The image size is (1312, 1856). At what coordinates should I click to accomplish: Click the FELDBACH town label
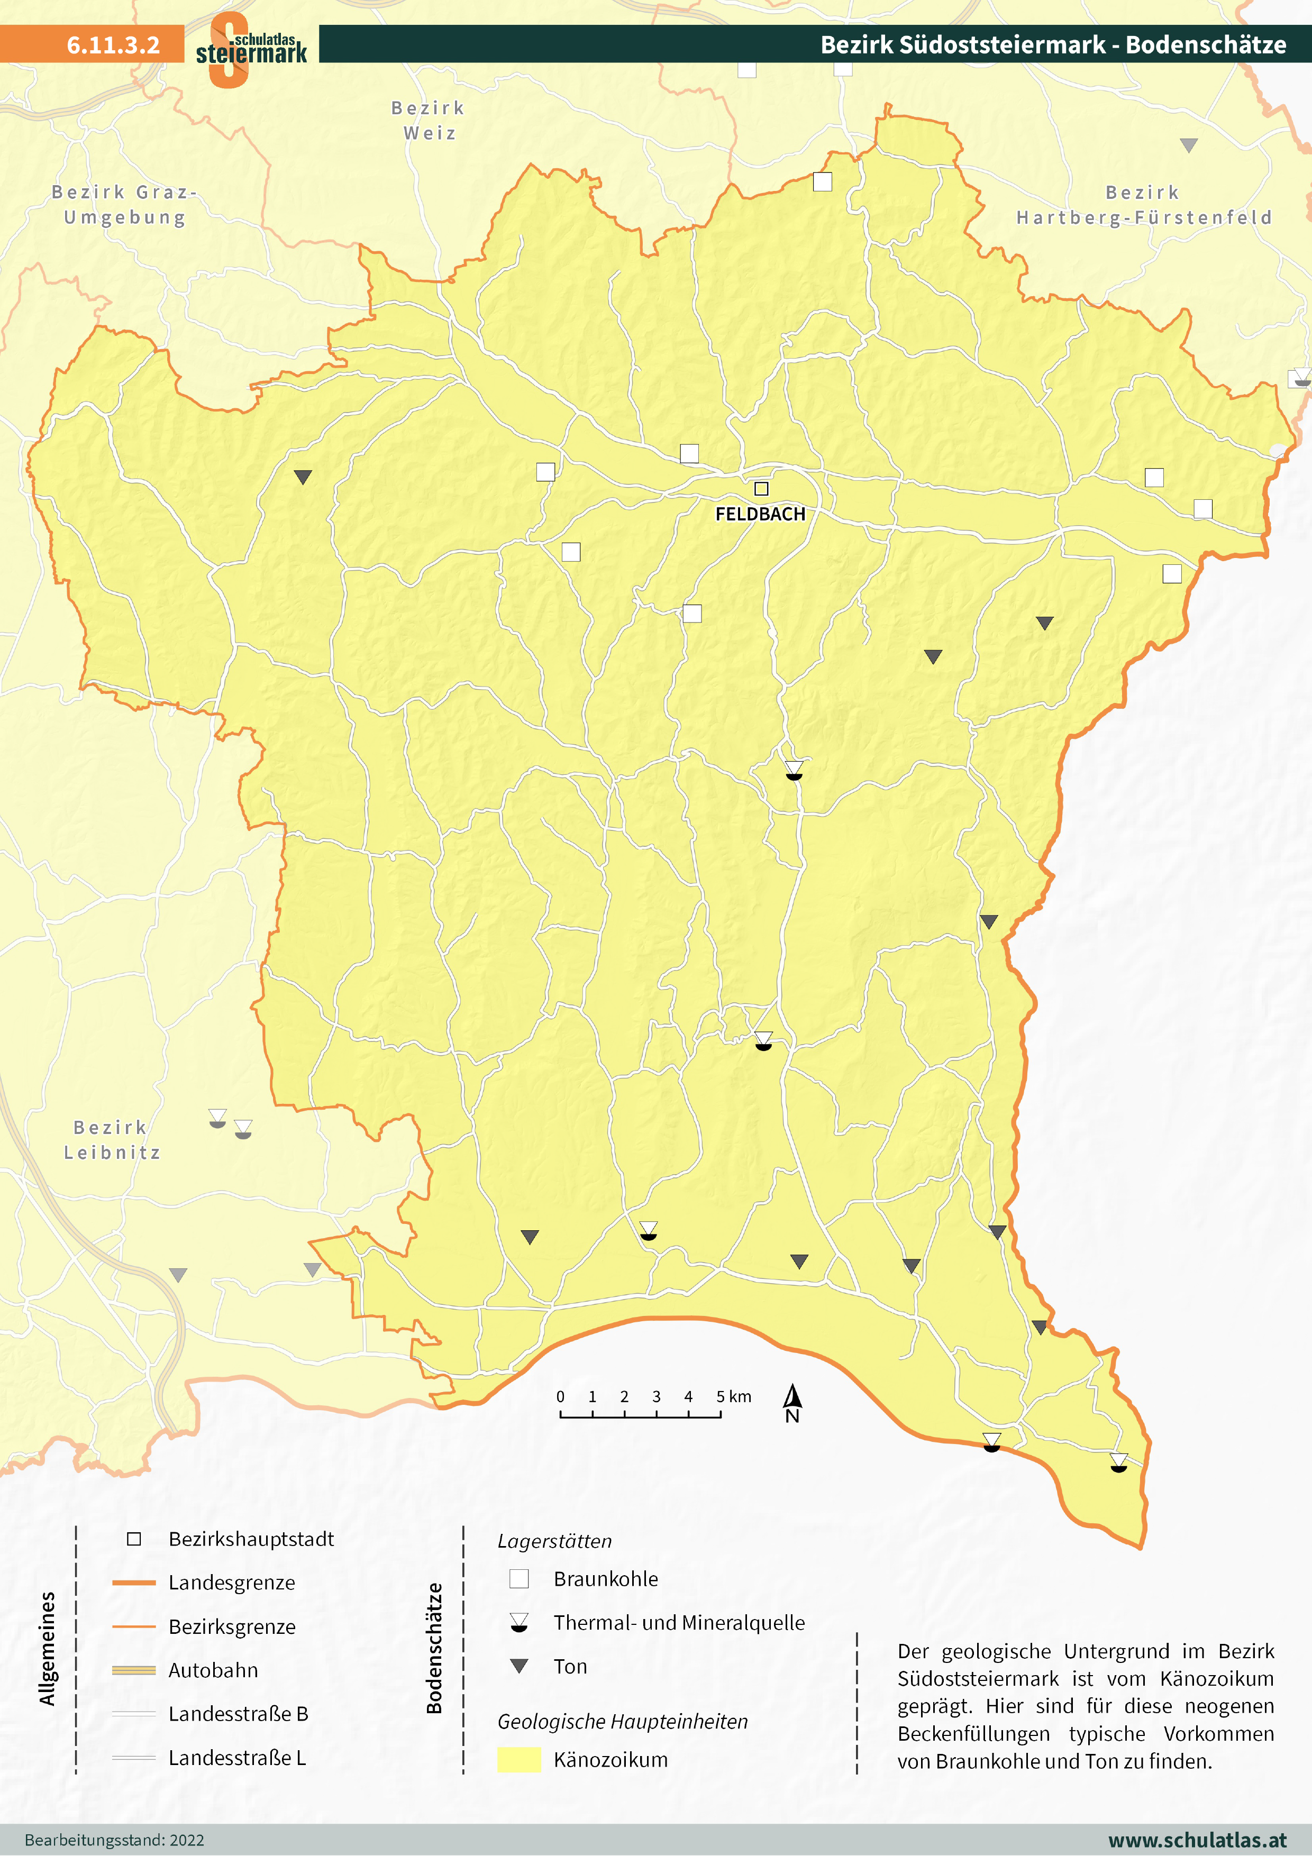[x=760, y=514]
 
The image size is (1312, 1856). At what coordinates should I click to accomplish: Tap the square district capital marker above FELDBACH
[x=761, y=488]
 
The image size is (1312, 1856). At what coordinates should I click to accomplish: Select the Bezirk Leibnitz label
[x=112, y=1140]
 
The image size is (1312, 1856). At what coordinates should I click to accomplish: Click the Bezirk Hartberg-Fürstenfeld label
[x=1144, y=205]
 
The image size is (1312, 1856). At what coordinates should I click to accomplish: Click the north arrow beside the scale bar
[x=792, y=1403]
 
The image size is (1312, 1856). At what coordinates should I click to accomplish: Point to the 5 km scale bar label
[x=733, y=1397]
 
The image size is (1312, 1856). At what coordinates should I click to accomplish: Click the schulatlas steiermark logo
[x=251, y=49]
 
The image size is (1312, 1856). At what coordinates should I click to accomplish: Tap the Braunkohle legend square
[x=519, y=1579]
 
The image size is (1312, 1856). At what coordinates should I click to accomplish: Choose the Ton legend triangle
[x=519, y=1666]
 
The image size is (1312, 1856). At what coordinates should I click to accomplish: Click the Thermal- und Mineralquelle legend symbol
[x=519, y=1622]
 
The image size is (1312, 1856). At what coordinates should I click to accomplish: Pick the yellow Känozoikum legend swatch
[x=519, y=1759]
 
